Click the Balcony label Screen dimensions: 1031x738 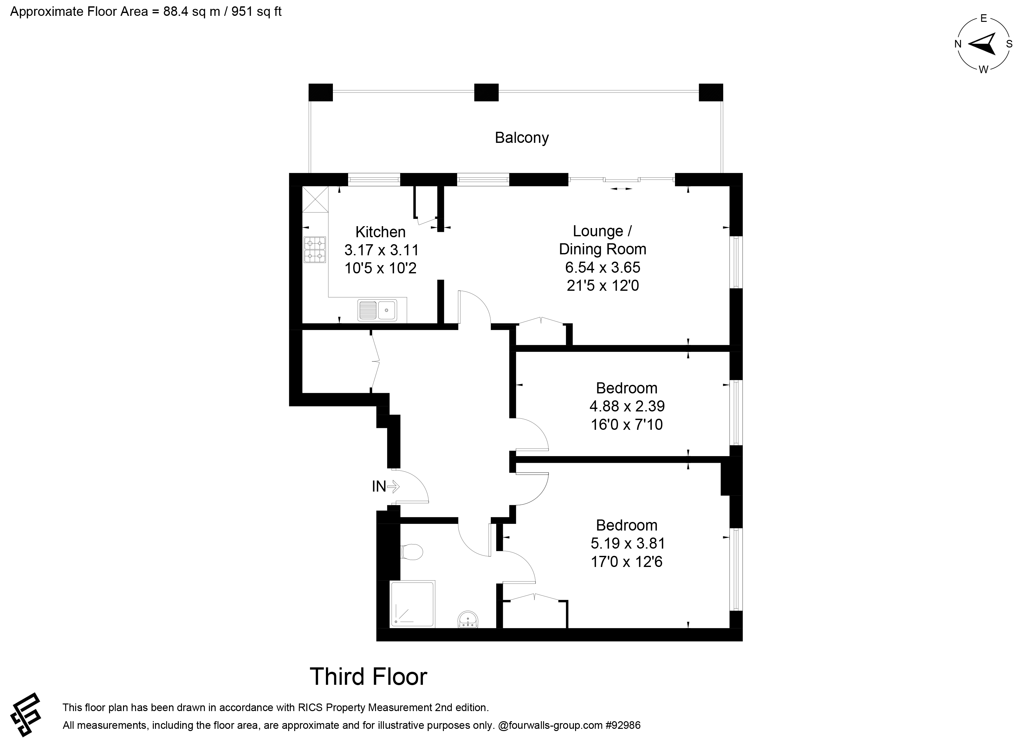(x=522, y=137)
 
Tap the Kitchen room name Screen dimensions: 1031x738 (x=380, y=232)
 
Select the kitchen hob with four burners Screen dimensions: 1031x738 (x=314, y=250)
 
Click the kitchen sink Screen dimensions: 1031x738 (x=377, y=310)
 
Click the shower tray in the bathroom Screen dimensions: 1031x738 (x=412, y=604)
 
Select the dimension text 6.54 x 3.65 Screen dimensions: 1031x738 (x=602, y=268)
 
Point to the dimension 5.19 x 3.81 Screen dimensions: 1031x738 (x=628, y=543)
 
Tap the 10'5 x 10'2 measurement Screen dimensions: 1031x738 (x=380, y=268)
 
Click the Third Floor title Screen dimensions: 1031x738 (x=368, y=677)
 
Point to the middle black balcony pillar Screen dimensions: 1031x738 (x=486, y=93)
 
